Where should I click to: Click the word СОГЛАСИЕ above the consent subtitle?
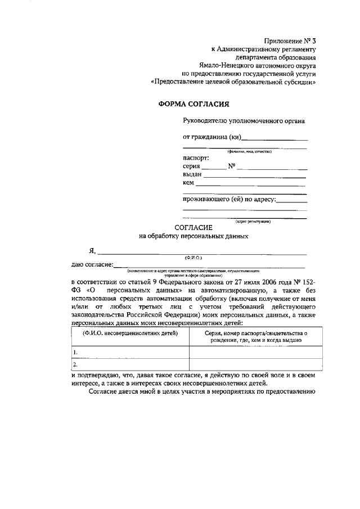coord(193,227)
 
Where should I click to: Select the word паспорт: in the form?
coord(196,157)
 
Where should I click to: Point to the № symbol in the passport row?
coord(231,166)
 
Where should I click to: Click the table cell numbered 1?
coord(130,352)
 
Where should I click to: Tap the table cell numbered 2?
coord(130,364)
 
